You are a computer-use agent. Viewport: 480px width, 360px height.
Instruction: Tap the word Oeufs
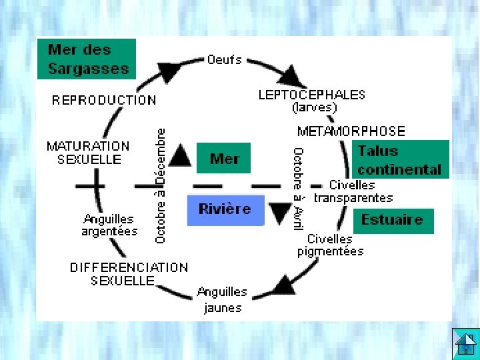[225, 60]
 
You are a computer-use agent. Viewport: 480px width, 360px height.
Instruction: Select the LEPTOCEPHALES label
[311, 95]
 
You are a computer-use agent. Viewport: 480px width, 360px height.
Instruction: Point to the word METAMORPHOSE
[351, 131]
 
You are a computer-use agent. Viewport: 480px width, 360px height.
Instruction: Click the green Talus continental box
[400, 160]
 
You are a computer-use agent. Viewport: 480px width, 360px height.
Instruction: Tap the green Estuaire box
[393, 220]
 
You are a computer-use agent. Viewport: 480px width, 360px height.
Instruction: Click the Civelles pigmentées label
[331, 245]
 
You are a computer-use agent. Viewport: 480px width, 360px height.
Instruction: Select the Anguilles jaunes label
[222, 299]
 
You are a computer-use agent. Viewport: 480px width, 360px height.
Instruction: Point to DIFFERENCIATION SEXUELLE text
[129, 274]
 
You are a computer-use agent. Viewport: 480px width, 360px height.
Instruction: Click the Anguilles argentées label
[109, 225]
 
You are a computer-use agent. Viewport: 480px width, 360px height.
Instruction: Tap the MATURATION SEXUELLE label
[89, 153]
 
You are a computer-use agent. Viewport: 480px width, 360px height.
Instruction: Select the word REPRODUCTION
[104, 101]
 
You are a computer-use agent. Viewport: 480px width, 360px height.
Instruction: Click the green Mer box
[224, 159]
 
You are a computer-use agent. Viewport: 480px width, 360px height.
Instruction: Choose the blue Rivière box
[225, 209]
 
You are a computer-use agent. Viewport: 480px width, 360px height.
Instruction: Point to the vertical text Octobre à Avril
[299, 189]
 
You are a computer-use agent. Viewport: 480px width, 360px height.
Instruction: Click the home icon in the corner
[465, 343]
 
